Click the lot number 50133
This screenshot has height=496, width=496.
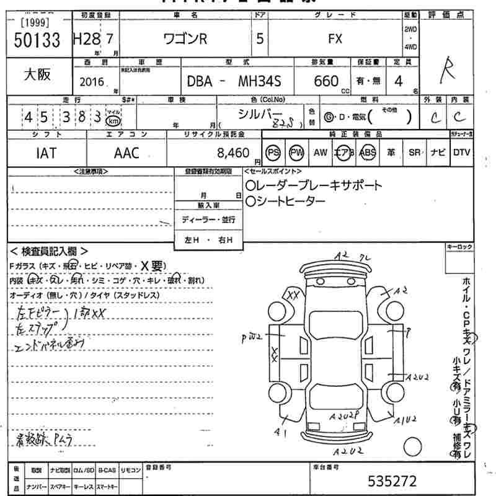(x=37, y=41)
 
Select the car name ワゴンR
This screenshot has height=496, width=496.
(x=185, y=39)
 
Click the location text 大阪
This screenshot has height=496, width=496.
(x=37, y=74)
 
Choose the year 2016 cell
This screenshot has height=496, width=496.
(x=92, y=81)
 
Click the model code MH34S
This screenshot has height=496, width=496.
(x=265, y=81)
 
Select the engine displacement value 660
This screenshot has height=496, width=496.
(x=326, y=81)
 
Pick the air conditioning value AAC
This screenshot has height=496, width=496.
(x=126, y=153)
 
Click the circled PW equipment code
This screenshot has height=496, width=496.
(x=297, y=153)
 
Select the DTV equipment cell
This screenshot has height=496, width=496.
(x=461, y=153)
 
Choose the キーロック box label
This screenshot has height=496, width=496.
(x=459, y=247)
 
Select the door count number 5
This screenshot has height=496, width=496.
(x=259, y=39)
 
